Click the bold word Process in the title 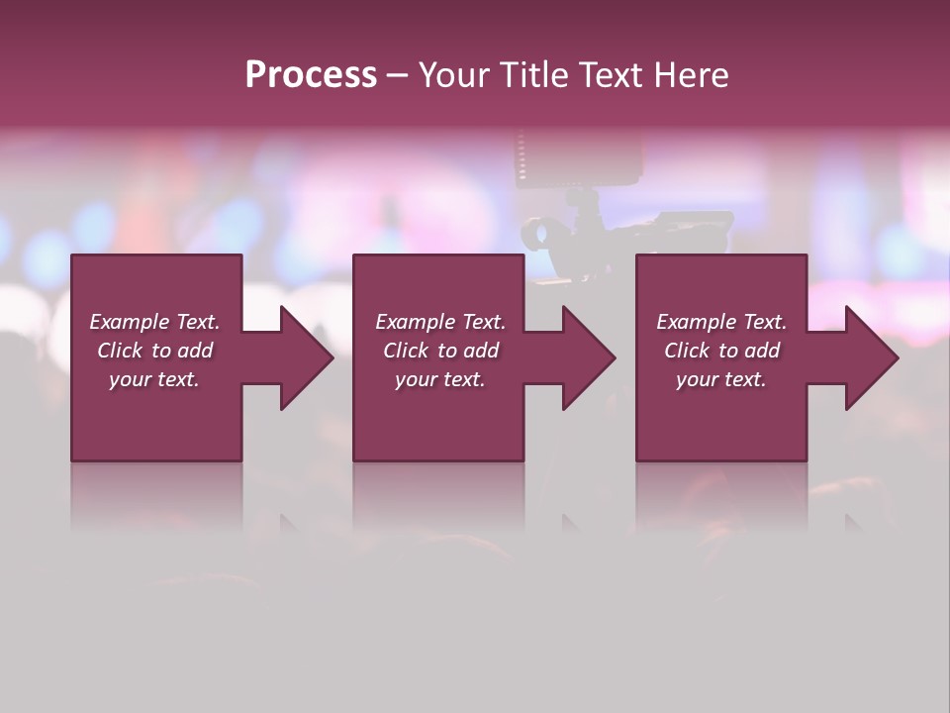point(311,75)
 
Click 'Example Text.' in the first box point(154,322)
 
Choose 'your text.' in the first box point(154,379)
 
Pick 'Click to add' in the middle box point(440,351)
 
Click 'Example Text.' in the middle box point(440,322)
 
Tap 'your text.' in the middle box point(440,379)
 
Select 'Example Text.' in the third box point(721,322)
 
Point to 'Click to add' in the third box point(721,351)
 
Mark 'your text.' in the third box point(721,379)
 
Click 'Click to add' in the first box point(154,351)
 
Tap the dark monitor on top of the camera point(578,159)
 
